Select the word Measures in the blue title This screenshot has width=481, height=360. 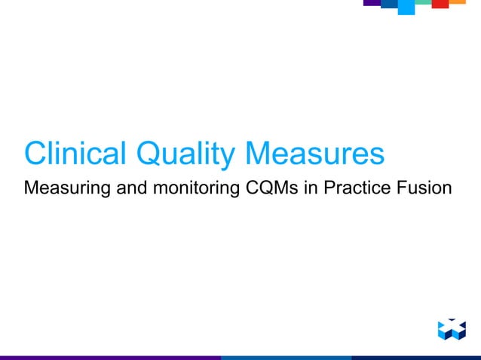click(x=315, y=154)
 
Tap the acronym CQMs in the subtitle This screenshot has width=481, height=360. click(x=272, y=186)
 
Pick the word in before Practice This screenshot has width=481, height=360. click(x=311, y=186)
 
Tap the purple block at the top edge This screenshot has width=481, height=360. click(x=372, y=3)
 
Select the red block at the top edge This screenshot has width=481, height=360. click(x=440, y=4)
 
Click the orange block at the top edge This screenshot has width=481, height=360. click(x=458, y=2)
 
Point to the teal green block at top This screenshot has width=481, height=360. click(x=423, y=3)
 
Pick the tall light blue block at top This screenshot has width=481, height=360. click(x=406, y=7)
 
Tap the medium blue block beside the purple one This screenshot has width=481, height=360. click(x=389, y=5)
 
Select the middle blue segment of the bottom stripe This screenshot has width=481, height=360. click(x=286, y=357)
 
